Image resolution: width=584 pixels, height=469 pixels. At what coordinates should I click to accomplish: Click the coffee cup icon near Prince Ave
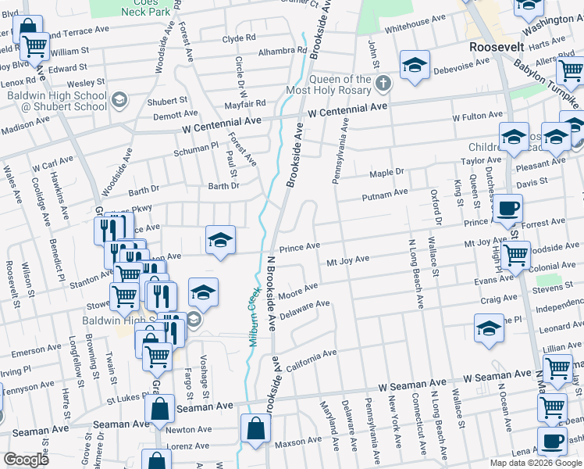click(x=507, y=209)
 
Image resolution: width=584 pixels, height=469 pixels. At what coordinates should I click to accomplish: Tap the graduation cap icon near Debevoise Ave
click(x=415, y=66)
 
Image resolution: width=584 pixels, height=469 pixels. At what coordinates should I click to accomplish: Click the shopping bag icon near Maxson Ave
click(x=255, y=428)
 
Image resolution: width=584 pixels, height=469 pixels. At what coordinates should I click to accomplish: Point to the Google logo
click(x=27, y=460)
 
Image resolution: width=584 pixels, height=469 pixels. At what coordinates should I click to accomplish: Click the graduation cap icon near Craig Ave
click(x=490, y=328)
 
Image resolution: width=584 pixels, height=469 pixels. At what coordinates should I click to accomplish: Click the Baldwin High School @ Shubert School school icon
click(x=119, y=99)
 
